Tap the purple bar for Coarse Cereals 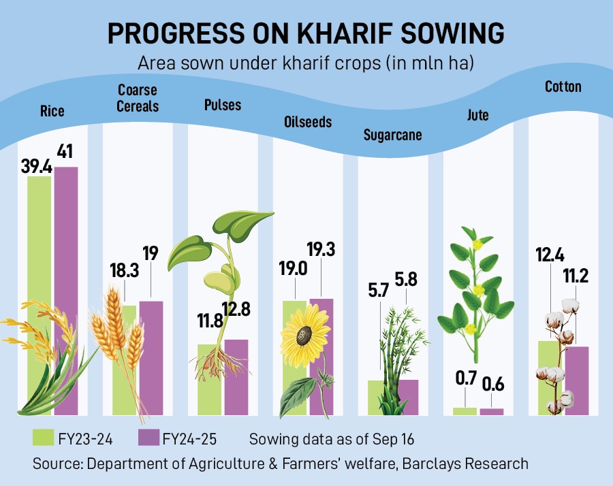tap(151, 354)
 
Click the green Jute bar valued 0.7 tap(465, 411)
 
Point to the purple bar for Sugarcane tap(407, 398)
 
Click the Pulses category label tap(223, 105)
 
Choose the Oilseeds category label tap(308, 123)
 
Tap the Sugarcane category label tap(392, 135)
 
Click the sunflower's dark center tap(304, 335)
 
